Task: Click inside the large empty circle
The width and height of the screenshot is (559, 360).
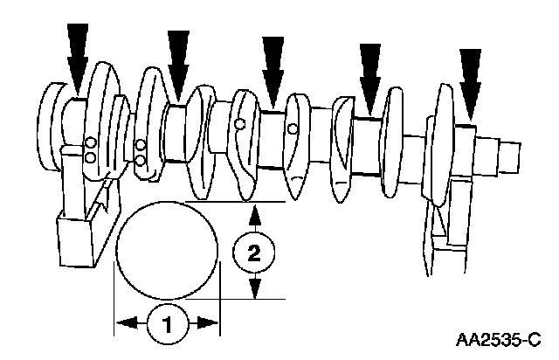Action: [167, 249]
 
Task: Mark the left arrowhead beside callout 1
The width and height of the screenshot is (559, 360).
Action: [125, 322]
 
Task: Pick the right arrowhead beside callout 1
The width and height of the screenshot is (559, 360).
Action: [209, 322]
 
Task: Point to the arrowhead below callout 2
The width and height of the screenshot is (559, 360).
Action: [253, 289]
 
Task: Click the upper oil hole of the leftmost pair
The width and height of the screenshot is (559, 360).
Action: [89, 142]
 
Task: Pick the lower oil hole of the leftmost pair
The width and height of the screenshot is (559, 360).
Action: [89, 157]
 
